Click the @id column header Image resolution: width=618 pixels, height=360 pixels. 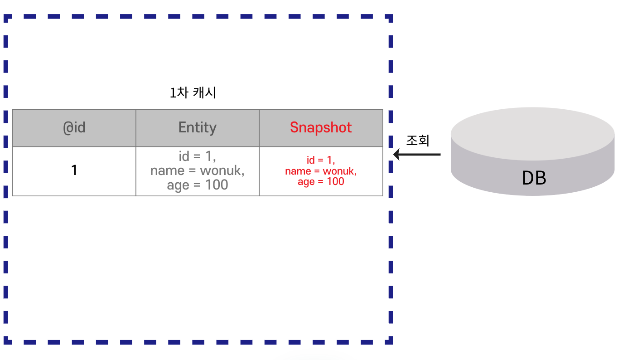(74, 127)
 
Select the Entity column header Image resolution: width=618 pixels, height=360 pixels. (198, 127)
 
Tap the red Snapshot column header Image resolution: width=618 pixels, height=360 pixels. (321, 127)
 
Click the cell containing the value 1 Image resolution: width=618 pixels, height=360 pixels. (74, 170)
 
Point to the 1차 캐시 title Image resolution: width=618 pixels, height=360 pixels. (193, 93)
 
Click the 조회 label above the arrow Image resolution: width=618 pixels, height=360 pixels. (417, 140)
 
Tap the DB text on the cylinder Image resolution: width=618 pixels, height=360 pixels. (534, 178)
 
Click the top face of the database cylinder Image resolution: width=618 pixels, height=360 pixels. (533, 133)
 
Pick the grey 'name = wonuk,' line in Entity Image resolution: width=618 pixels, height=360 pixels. (198, 170)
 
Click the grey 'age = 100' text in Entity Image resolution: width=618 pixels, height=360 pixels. (198, 185)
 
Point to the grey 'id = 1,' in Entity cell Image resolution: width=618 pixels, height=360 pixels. (198, 156)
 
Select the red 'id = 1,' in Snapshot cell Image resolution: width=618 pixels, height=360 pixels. (321, 160)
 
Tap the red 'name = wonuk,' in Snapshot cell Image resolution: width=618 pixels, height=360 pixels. (321, 171)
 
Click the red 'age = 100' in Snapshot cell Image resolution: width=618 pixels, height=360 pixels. (321, 182)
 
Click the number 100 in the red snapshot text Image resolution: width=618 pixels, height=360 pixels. (335, 182)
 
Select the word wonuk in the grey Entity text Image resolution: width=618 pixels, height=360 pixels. (221, 170)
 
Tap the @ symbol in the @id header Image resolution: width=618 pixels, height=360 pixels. (68, 127)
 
